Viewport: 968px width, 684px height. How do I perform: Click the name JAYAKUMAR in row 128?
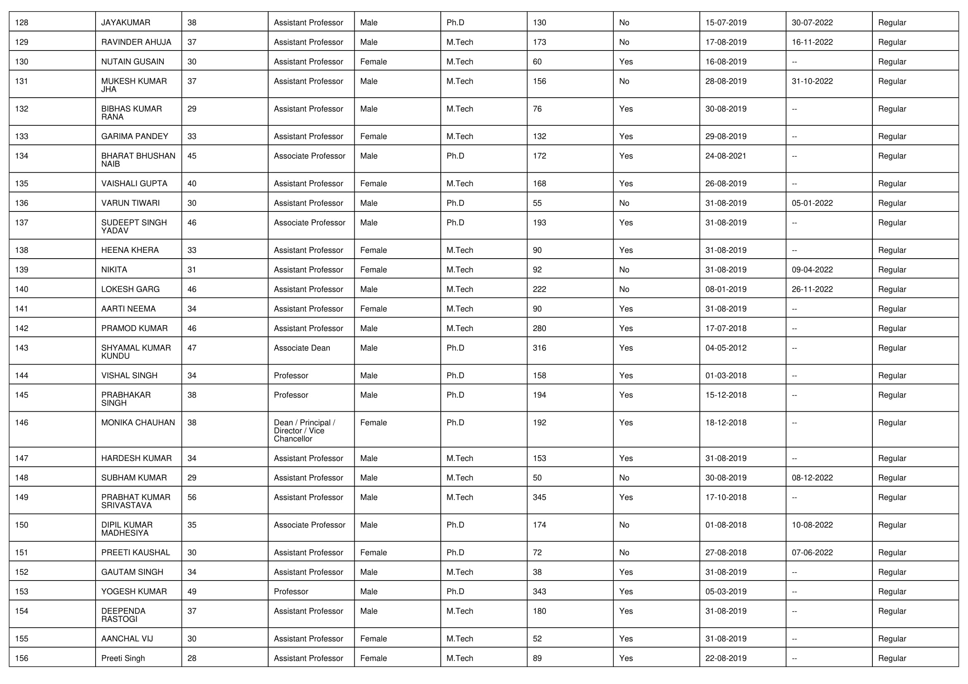[126, 23]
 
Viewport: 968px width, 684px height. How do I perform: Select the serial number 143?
[22, 348]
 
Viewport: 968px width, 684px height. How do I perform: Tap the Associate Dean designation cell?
[302, 348]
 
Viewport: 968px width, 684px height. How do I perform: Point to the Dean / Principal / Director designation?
[305, 431]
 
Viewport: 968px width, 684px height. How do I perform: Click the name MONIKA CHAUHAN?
[138, 423]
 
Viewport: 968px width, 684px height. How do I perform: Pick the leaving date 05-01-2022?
[812, 203]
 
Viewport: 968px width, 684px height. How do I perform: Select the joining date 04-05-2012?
[725, 348]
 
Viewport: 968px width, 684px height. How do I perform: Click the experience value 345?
[539, 497]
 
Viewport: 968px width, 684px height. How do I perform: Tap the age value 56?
[192, 497]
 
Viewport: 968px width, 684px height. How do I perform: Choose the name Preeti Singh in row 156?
[123, 658]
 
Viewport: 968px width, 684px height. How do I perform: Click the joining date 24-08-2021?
[725, 156]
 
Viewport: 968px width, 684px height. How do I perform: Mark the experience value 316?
[539, 348]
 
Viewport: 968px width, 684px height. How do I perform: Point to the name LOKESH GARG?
[130, 290]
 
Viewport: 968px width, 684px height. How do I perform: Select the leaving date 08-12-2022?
[812, 478]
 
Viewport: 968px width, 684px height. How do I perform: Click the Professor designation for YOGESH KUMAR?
[291, 592]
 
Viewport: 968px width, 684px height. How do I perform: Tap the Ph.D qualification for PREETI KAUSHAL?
[455, 552]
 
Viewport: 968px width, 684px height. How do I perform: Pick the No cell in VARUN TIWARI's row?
[624, 203]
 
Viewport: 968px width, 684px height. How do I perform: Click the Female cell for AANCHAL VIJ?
[373, 639]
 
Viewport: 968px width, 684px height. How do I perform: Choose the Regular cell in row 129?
[892, 42]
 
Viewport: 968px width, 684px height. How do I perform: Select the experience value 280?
[539, 328]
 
